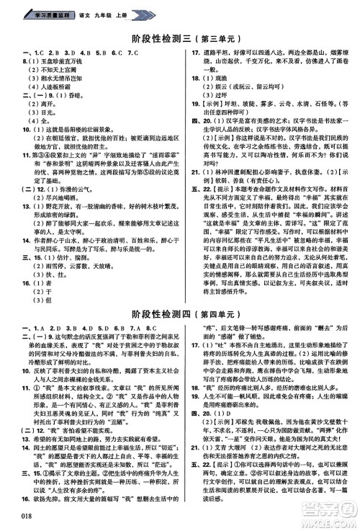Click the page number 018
coord(21,515)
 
